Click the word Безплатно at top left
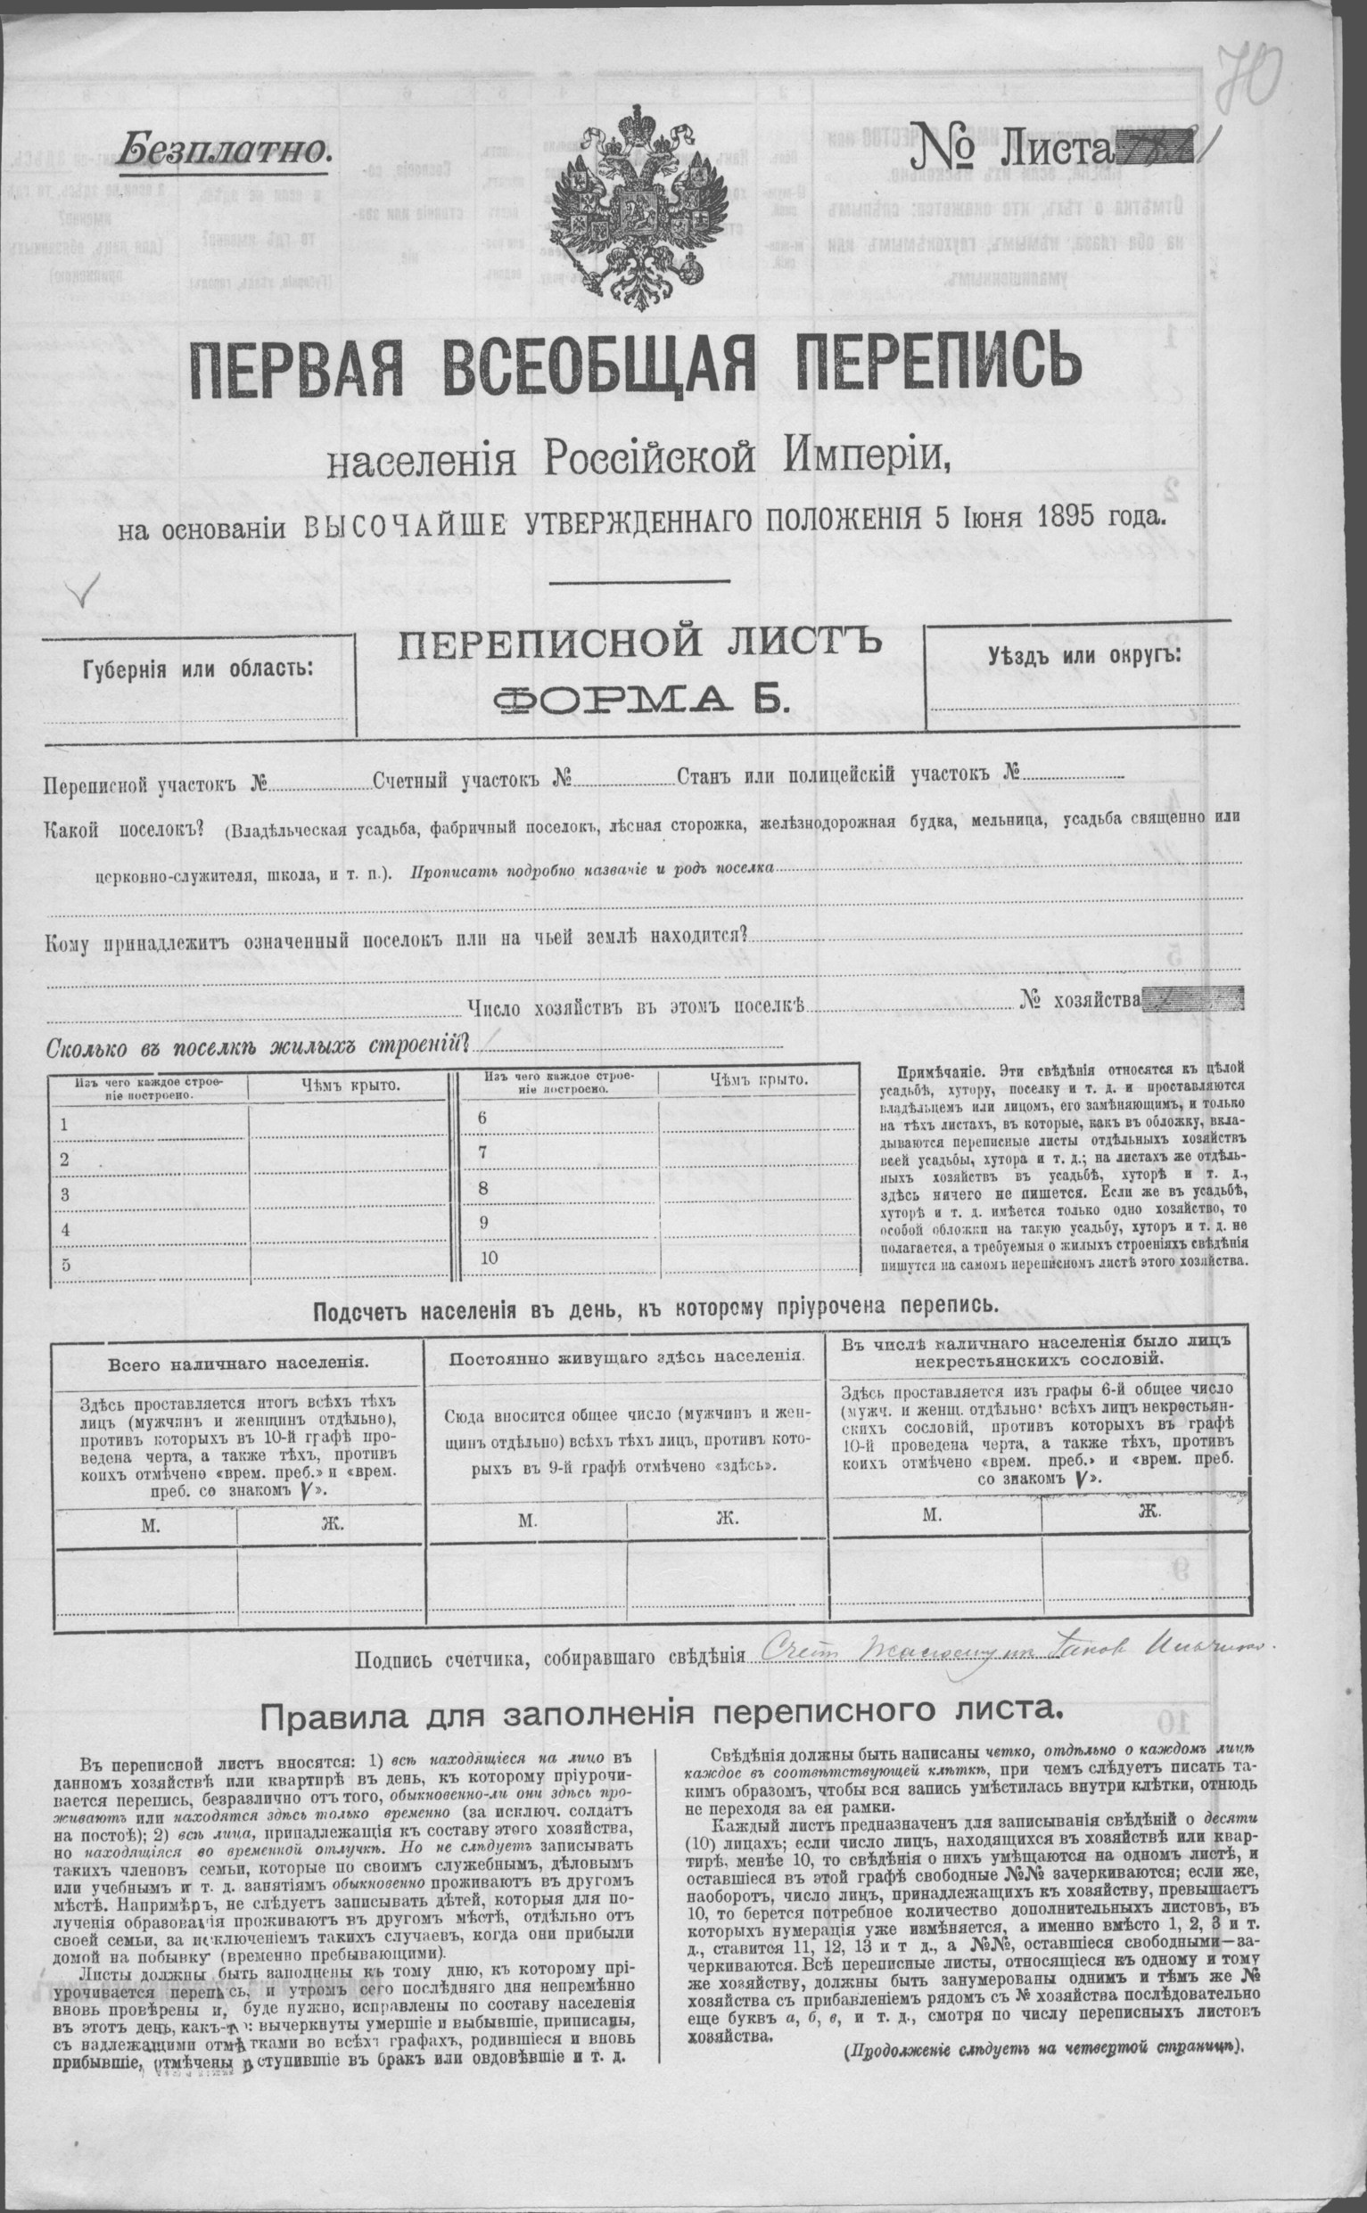pos(225,147)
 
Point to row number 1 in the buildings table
pos(64,1125)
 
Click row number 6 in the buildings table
pos(482,1118)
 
